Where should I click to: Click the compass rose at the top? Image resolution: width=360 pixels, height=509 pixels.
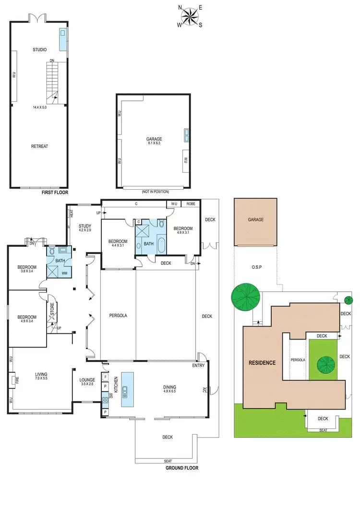(x=191, y=16)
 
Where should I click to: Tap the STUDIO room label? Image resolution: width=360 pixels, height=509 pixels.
(x=39, y=50)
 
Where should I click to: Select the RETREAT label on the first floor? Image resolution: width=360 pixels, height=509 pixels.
(x=39, y=146)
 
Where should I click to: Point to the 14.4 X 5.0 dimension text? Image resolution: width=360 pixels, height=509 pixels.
(x=39, y=108)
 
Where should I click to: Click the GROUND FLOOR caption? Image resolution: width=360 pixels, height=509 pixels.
(x=181, y=468)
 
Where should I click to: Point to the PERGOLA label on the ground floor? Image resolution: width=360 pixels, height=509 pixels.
(x=118, y=315)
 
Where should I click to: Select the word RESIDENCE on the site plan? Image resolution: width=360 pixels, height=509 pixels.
(x=262, y=363)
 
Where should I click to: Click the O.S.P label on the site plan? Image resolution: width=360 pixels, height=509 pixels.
(x=255, y=267)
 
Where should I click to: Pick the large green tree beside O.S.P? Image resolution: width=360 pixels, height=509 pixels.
(x=245, y=297)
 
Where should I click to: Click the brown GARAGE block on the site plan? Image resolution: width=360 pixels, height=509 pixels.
(x=255, y=222)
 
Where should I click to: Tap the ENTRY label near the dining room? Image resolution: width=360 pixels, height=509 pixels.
(x=198, y=366)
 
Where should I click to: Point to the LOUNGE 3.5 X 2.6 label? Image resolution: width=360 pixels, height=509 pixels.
(x=88, y=382)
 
